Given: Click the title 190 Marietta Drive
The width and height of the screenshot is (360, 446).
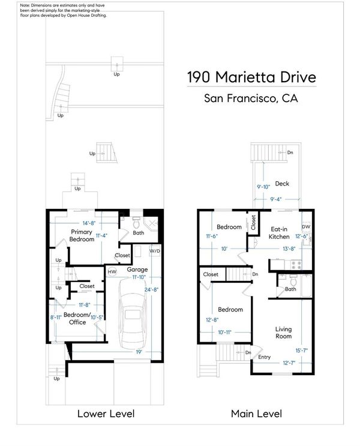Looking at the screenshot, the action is pyautogui.click(x=251, y=77).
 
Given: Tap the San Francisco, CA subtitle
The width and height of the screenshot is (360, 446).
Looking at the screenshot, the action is pyautogui.click(x=251, y=98).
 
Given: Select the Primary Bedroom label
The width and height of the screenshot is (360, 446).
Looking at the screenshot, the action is pyautogui.click(x=82, y=235).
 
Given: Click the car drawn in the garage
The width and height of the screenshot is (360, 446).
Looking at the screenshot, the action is pyautogui.click(x=133, y=313).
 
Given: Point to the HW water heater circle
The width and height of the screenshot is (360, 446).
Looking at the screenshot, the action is pyautogui.click(x=112, y=272).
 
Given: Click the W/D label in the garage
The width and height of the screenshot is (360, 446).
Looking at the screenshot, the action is pyautogui.click(x=155, y=251).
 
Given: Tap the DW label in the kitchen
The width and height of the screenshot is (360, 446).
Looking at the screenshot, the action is pyautogui.click(x=305, y=227).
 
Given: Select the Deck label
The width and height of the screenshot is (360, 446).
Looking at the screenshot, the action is pyautogui.click(x=282, y=184).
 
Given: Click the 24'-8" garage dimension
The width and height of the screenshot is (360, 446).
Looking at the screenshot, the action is pyautogui.click(x=151, y=289).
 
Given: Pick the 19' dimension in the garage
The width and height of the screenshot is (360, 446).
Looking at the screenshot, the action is pyautogui.click(x=139, y=352).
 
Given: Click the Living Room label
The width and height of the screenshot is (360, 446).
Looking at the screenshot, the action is pyautogui.click(x=283, y=333).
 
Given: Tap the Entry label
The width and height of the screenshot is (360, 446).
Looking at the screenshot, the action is pyautogui.click(x=264, y=357).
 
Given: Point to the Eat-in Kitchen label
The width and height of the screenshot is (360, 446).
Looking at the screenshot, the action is pyautogui.click(x=279, y=233).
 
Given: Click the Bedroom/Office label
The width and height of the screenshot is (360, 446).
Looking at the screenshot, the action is pyautogui.click(x=77, y=318).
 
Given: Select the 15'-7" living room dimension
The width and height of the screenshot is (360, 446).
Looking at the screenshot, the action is pyautogui.click(x=301, y=351).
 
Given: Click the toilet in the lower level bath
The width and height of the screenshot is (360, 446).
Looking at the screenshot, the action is pyautogui.click(x=136, y=223).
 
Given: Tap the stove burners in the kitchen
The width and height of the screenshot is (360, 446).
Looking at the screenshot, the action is pyautogui.click(x=296, y=265).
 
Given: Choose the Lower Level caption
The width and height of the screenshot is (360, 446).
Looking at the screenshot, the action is pyautogui.click(x=106, y=414).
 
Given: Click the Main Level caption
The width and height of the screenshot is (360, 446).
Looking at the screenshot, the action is pyautogui.click(x=256, y=414).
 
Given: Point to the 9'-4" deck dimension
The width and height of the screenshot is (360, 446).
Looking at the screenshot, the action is pyautogui.click(x=275, y=199).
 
